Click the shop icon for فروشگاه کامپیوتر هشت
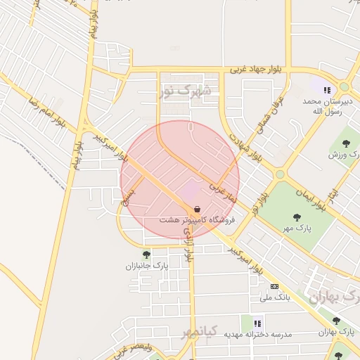pos(197,209)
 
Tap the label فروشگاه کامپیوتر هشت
pos(196,220)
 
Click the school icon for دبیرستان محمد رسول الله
pos(326,89)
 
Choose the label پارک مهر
pos(298,228)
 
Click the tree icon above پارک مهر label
pos(298,217)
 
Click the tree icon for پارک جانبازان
pos(146,255)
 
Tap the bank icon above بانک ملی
pos(274,286)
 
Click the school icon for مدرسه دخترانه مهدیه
pos(257,323)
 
